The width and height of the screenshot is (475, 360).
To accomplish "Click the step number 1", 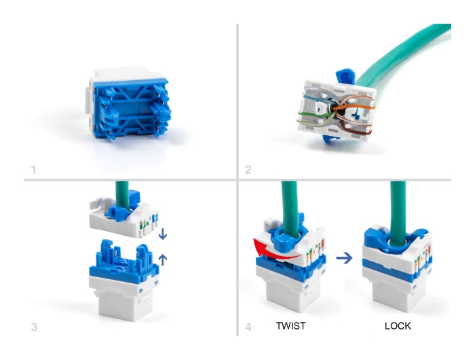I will (33, 168).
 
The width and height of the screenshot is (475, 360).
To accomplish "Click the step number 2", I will (248, 169).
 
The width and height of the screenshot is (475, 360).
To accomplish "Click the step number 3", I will (34, 327).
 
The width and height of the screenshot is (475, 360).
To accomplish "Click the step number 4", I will (248, 327).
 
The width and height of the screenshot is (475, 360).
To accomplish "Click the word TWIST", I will (291, 326).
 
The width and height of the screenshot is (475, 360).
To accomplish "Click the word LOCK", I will (398, 326).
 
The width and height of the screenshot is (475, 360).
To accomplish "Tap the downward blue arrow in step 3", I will (162, 234).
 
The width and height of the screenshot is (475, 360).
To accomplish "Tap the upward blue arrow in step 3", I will (162, 258).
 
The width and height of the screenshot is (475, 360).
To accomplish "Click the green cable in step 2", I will (407, 54).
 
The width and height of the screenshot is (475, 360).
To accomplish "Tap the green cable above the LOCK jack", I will (398, 204).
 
